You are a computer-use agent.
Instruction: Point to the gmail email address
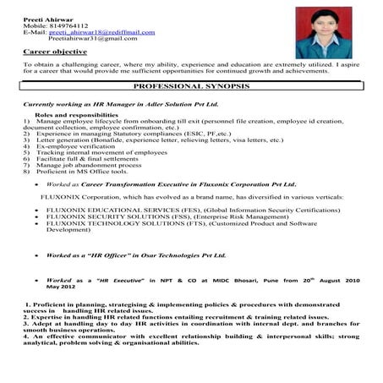coord(92,39)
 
